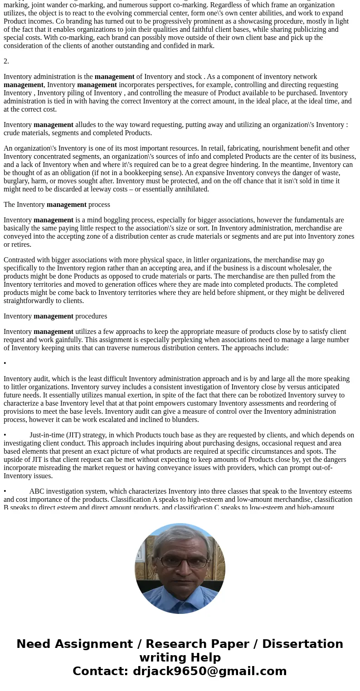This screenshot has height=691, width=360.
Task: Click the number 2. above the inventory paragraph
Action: coord(6,61)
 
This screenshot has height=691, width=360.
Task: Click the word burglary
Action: coord(17,181)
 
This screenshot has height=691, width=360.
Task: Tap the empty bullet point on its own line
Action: coord(5,363)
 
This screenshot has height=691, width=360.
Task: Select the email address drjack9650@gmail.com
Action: coord(209,671)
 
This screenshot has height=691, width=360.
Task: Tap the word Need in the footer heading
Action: coord(36,644)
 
